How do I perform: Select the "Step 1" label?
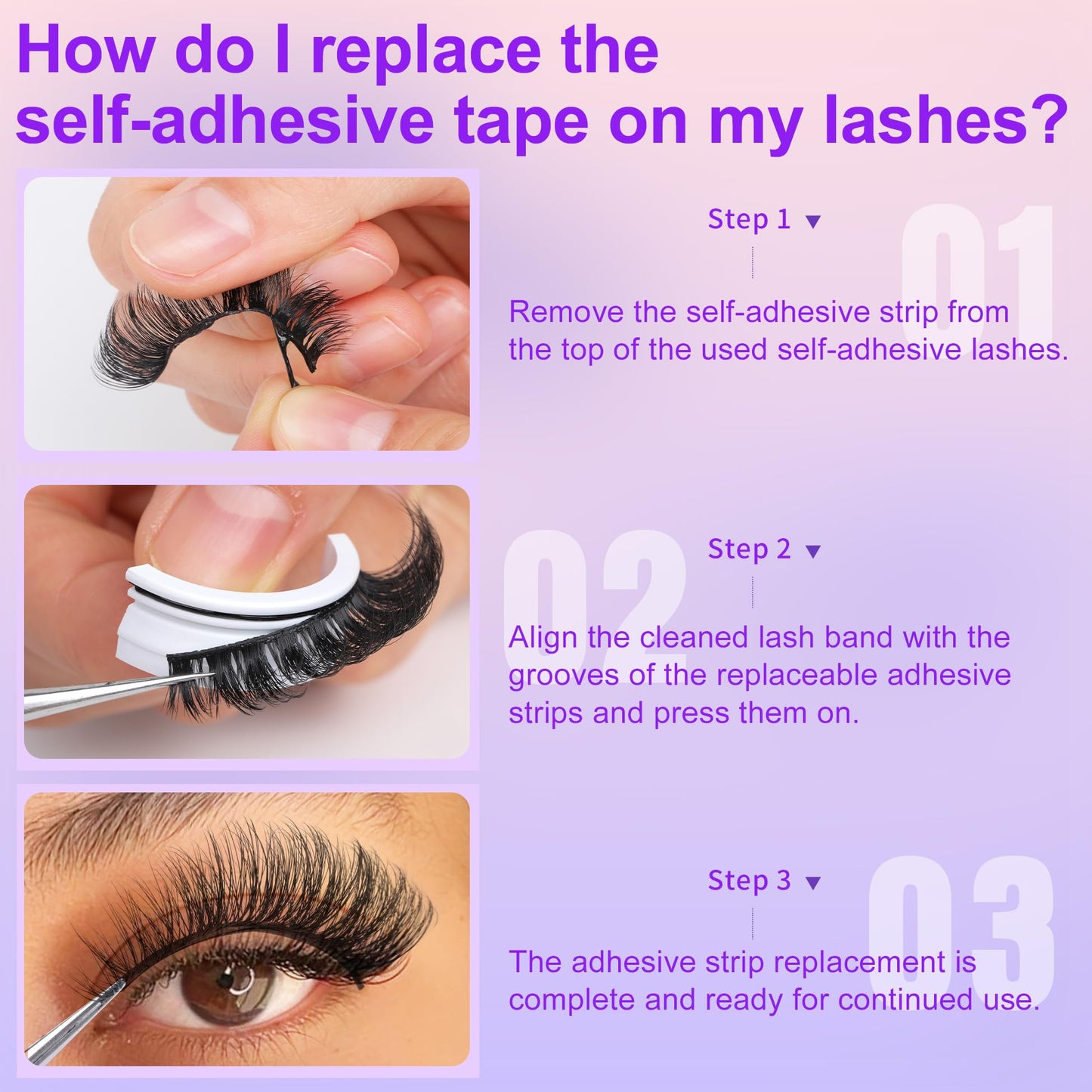point(749,219)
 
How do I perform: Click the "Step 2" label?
point(749,549)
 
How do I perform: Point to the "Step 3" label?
point(749,880)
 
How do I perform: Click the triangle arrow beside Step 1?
point(813,221)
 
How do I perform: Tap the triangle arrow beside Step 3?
point(813,883)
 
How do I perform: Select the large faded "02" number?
point(595,602)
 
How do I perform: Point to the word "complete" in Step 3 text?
point(571,1001)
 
